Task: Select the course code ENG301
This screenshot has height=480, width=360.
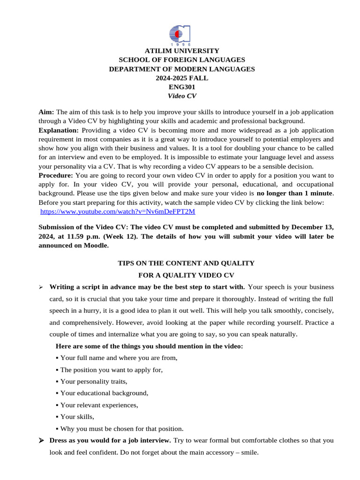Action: pos(182,87)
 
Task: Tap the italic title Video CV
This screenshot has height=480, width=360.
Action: pos(182,96)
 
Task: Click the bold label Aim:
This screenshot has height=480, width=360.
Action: pos(46,112)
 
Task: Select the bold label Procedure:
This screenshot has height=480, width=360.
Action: pos(56,175)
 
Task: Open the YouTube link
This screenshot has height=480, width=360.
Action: pos(118,211)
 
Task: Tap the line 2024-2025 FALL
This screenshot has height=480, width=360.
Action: pos(182,78)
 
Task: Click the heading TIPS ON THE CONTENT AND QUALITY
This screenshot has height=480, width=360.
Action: pos(186,263)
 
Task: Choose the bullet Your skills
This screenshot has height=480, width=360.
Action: pos(77,417)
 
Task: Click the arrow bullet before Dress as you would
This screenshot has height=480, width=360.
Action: pos(41,441)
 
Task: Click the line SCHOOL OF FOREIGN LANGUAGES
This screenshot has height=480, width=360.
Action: pos(182,60)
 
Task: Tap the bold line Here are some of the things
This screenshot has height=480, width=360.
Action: pos(149,346)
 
